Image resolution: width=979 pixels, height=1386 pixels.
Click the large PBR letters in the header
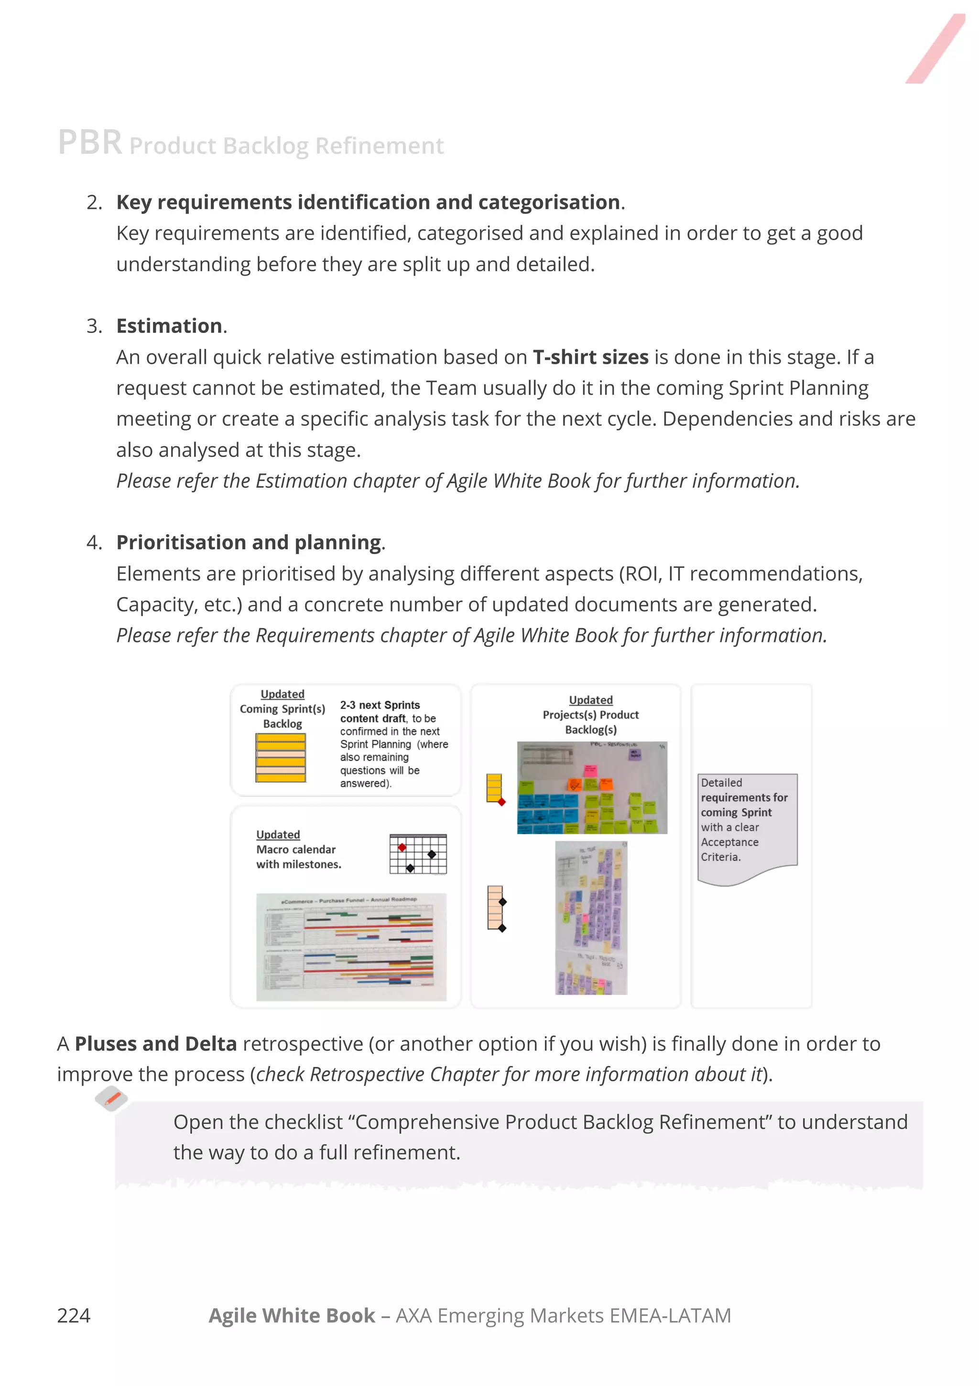(90, 143)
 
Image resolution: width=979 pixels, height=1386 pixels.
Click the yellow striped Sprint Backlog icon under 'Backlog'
(281, 758)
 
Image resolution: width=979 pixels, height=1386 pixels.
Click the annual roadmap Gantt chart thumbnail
(351, 946)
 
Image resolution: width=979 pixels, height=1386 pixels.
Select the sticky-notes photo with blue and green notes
(592, 788)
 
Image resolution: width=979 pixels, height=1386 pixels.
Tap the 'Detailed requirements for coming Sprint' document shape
(747, 827)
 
